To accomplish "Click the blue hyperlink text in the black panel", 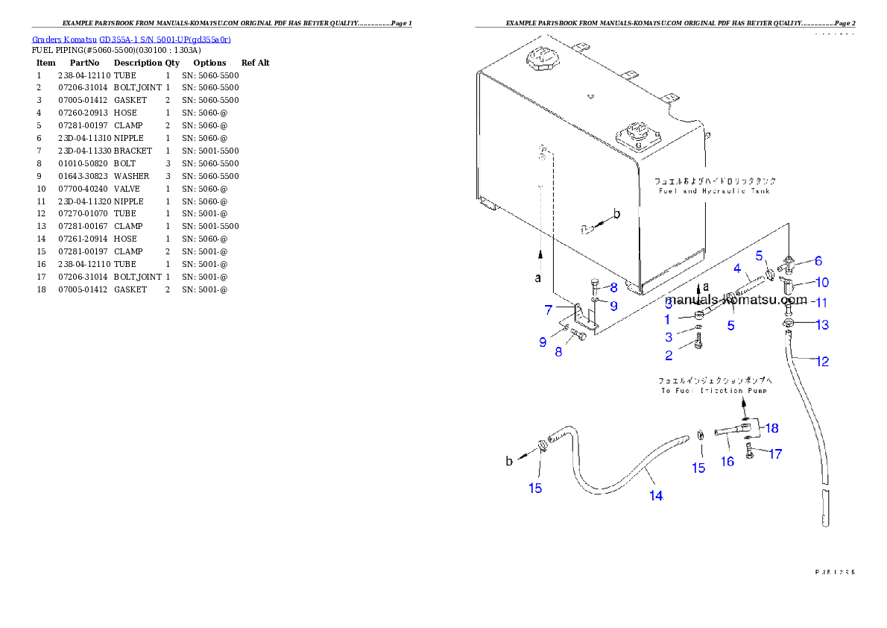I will [131, 40].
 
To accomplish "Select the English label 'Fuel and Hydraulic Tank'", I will [715, 191].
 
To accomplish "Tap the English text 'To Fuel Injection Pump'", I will [715, 390].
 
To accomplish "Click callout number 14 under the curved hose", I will [655, 496].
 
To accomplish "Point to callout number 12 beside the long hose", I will [822, 362].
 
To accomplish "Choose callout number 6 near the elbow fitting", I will [818, 261].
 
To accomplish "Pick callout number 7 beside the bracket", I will [549, 308].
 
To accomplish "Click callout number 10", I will [822, 283].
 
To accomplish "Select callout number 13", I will [822, 324].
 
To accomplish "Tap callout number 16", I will [727, 462].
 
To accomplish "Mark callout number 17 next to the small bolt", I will [775, 453].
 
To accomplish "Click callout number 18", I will [771, 428].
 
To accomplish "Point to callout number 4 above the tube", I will [736, 269].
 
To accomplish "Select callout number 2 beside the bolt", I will [669, 356].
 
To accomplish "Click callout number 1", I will [669, 319].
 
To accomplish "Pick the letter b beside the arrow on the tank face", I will [616, 215].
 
